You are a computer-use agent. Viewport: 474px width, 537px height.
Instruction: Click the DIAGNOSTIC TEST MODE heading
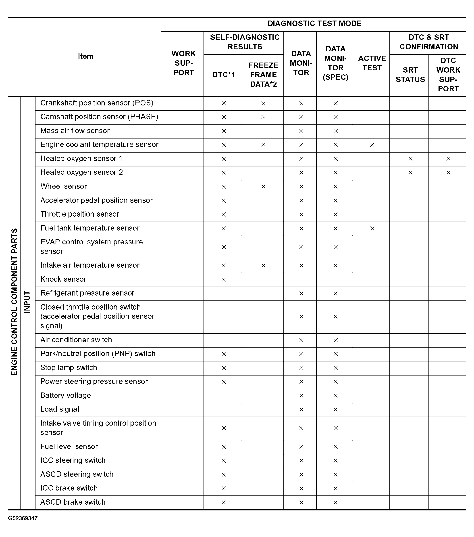tap(314, 24)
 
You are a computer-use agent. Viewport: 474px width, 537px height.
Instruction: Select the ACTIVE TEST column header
tap(372, 63)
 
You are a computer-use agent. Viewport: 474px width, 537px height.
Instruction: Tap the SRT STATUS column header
tap(410, 75)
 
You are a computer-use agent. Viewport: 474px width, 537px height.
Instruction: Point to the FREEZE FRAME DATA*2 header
tap(263, 75)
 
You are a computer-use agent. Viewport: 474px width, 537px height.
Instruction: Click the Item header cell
tap(85, 56)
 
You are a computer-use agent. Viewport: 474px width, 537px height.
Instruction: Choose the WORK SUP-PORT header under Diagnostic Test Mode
tap(183, 63)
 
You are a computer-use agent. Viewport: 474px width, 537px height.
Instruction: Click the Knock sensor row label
tap(63, 279)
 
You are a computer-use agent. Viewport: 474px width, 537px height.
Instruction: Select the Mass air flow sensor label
tap(75, 131)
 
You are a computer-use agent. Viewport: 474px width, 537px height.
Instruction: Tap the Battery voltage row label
tap(66, 395)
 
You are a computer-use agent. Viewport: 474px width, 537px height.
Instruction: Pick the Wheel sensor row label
tap(64, 187)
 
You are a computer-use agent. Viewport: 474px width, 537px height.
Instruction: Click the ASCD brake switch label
tap(73, 502)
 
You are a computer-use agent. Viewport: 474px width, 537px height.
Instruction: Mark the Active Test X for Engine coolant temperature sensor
tap(372, 145)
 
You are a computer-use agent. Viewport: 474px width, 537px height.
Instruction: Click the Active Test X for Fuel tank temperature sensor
tap(372, 229)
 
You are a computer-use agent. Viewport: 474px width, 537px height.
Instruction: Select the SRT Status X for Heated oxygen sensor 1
tap(410, 159)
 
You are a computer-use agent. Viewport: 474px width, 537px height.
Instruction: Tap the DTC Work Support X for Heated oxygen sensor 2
tap(448, 173)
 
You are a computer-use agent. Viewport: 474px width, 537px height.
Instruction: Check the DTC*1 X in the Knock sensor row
tap(224, 279)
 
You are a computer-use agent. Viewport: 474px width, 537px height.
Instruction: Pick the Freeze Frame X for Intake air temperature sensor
tap(263, 266)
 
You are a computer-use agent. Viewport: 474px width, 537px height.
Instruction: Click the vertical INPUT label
tap(27, 302)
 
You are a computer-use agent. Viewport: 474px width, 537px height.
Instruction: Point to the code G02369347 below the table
tap(23, 518)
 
